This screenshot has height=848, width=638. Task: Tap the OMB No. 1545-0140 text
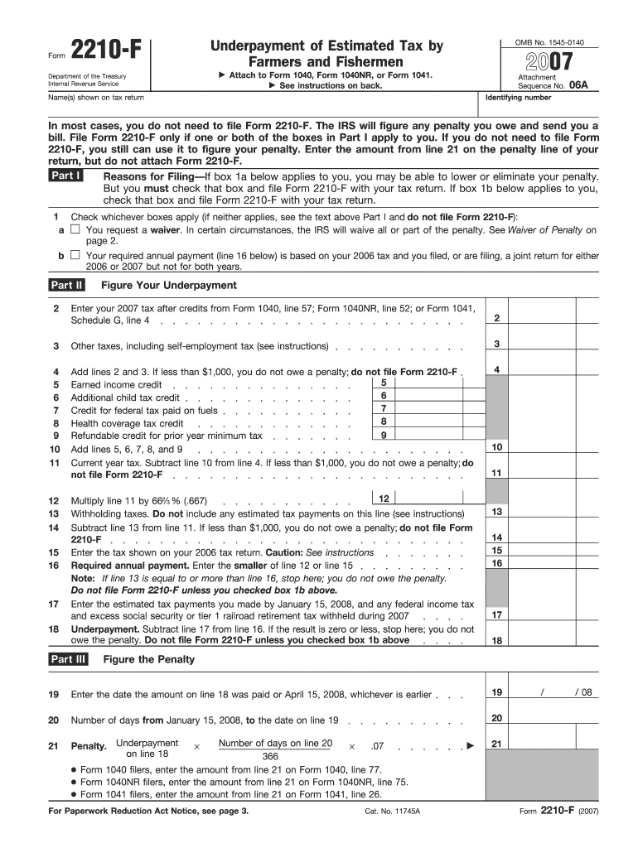549,42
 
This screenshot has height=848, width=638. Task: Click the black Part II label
67,286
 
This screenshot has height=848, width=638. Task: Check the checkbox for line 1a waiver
75,229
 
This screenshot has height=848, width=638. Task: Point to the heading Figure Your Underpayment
169,286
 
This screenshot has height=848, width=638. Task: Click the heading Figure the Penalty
149,659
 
